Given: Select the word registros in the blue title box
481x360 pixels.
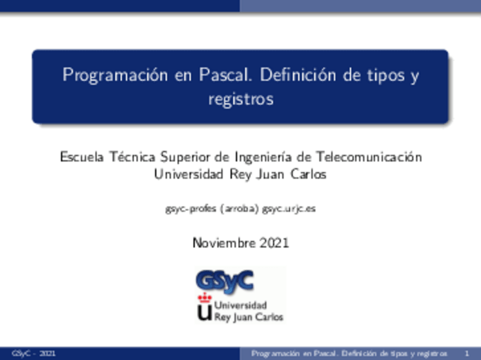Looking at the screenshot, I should (241, 99).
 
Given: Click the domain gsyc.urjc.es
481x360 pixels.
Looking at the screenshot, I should (289, 209).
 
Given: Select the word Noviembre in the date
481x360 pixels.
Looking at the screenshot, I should (225, 243).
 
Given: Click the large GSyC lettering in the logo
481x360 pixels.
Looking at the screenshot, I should (224, 280).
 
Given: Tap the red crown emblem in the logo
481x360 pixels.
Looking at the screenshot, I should (204, 298).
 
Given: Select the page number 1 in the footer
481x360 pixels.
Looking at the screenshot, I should (466, 354).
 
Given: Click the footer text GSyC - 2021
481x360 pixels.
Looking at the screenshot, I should (33, 354).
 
